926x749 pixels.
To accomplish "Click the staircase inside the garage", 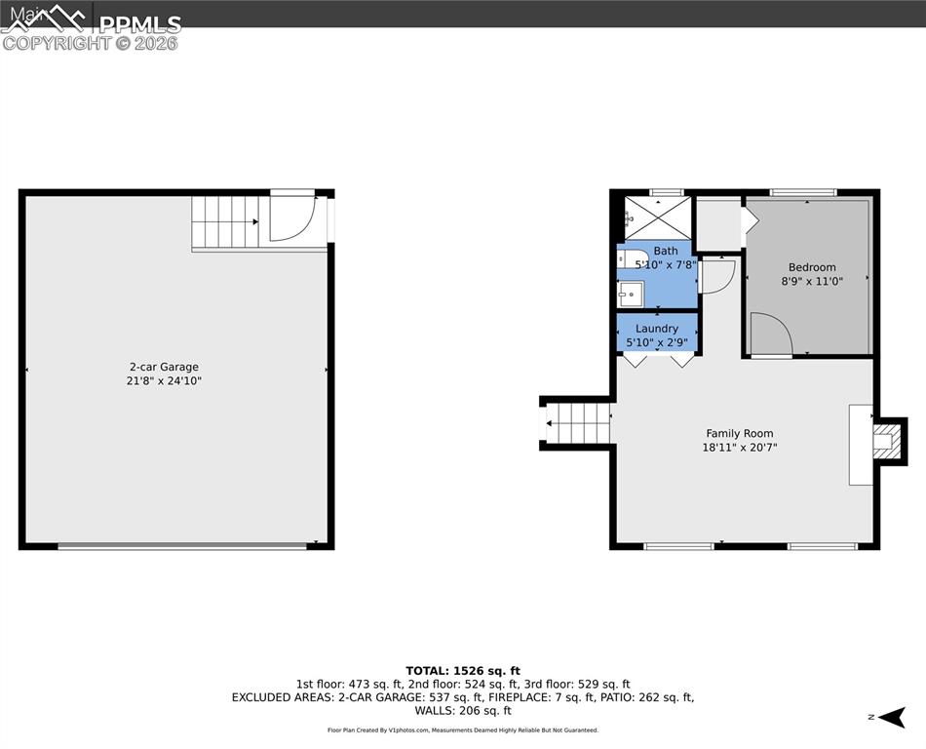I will pyautogui.click(x=225, y=222).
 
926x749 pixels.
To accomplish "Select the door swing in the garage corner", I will pyautogui.click(x=291, y=218).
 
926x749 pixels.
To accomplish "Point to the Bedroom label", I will pyautogui.click(x=811, y=267).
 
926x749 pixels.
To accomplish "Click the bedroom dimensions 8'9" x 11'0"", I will pyautogui.click(x=811, y=281).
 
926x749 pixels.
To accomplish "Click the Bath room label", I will pyautogui.click(x=666, y=251).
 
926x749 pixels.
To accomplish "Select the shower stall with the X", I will pyautogui.click(x=657, y=217).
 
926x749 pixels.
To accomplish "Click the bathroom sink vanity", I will pyautogui.click(x=631, y=293).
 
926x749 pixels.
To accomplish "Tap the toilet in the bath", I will pyautogui.click(x=627, y=258).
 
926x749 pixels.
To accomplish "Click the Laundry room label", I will pyautogui.click(x=656, y=329).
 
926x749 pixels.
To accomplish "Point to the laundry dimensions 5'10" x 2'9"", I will pyautogui.click(x=656, y=342).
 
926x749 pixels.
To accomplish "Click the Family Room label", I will pyautogui.click(x=740, y=433).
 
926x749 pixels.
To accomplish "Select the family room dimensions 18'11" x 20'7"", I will pyautogui.click(x=740, y=448).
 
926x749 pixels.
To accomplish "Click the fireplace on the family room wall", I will pyautogui.click(x=885, y=442).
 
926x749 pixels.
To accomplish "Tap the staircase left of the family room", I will pyautogui.click(x=577, y=423).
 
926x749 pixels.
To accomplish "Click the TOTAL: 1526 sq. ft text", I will pyautogui.click(x=462, y=671).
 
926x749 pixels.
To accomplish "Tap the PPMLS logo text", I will pyautogui.click(x=139, y=24).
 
